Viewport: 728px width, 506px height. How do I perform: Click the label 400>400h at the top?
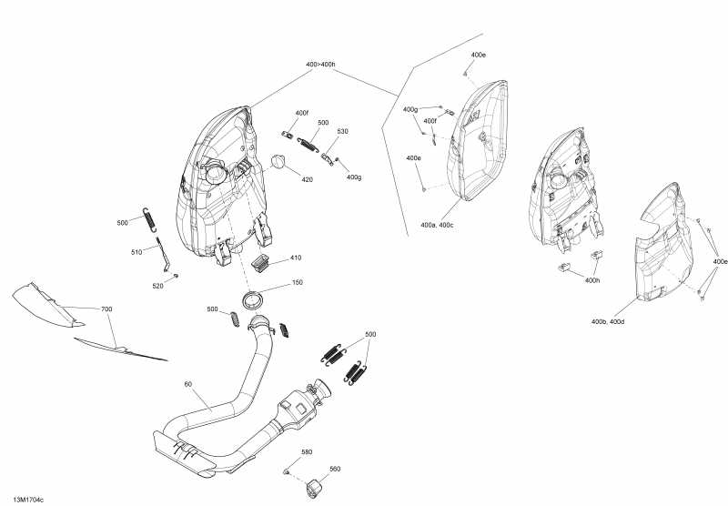click(321, 65)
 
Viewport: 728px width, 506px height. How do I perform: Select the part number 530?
click(342, 132)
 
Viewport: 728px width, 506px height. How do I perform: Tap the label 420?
click(308, 179)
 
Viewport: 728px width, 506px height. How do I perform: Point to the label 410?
click(296, 258)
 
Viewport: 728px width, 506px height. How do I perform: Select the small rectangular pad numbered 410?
click(262, 262)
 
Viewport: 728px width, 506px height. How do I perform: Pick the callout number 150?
click(297, 283)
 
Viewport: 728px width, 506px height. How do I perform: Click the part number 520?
click(158, 286)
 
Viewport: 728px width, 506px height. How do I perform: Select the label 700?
click(106, 310)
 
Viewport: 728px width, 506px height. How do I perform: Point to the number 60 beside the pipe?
click(188, 385)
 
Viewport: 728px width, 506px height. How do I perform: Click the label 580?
click(307, 452)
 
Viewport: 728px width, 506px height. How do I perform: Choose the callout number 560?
click(334, 470)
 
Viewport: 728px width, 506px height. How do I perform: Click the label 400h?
click(592, 280)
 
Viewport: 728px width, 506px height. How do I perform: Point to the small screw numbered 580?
click(287, 471)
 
